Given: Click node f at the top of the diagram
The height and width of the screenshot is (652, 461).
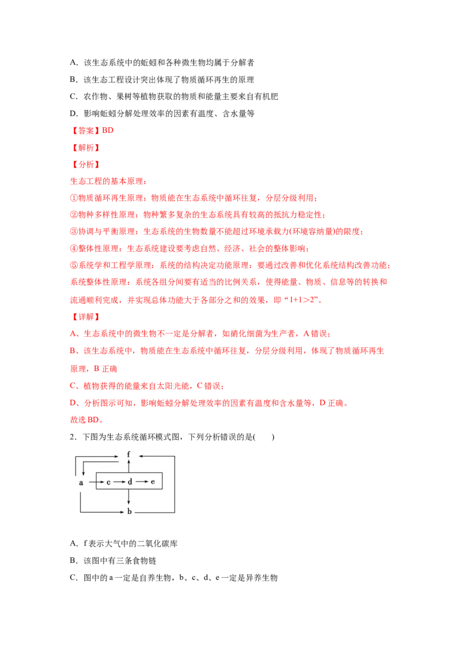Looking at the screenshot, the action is click(129, 454).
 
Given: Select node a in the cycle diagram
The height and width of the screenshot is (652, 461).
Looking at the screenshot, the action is click(81, 483).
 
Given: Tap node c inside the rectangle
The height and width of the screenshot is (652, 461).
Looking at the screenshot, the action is click(108, 482).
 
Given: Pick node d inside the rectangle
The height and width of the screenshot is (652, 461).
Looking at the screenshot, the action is click(130, 482).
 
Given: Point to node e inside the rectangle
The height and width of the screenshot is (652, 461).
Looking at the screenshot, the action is click(153, 482).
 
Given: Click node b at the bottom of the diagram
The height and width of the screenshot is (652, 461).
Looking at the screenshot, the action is click(130, 511).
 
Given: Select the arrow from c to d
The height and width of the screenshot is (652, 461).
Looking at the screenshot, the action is click(119, 482).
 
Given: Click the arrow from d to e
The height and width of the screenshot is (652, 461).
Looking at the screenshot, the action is click(142, 482).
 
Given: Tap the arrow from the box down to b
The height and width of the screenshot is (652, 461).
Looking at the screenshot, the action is click(129, 497).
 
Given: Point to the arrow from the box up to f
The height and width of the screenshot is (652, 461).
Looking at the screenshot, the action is click(129, 466).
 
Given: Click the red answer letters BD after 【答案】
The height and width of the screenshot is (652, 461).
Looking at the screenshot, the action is click(108, 130).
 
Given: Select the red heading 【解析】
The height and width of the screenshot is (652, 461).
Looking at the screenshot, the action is click(86, 147).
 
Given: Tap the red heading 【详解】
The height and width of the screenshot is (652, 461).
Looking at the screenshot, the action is click(86, 317).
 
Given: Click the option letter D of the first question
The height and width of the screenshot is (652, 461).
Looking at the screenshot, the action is click(74, 113).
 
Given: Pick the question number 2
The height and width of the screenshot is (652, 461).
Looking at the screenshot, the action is click(73, 437).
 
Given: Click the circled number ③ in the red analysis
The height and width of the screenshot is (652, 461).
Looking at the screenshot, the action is click(74, 232).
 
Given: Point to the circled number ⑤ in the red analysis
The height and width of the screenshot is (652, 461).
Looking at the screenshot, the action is click(74, 266).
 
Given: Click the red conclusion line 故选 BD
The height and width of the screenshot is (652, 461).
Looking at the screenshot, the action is click(86, 419).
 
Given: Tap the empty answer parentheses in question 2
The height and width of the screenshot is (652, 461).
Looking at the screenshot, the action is click(264, 437).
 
